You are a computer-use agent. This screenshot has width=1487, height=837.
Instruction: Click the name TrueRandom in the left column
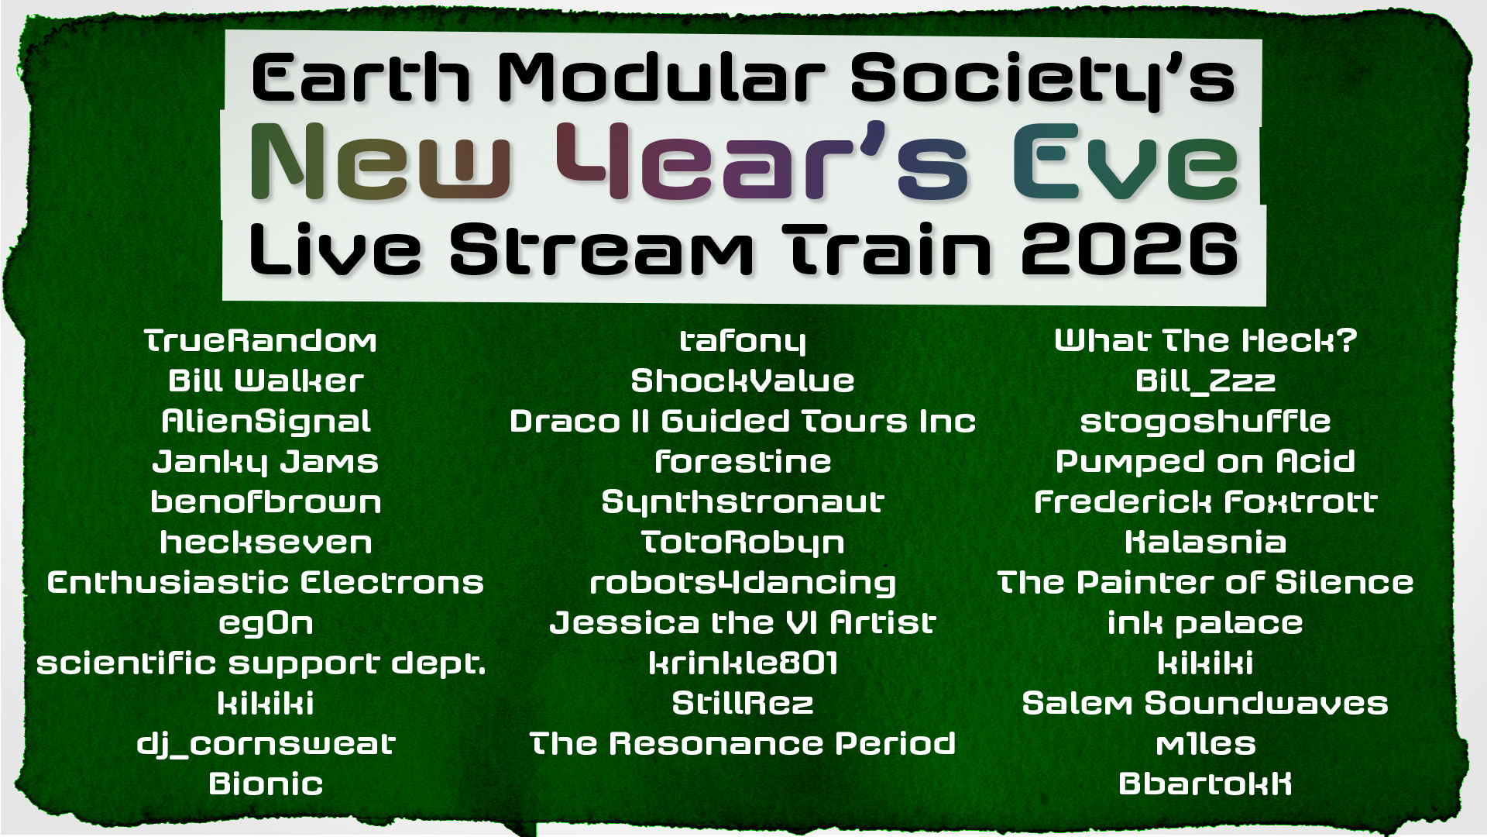point(261,341)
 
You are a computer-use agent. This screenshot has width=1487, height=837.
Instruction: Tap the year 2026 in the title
point(1130,250)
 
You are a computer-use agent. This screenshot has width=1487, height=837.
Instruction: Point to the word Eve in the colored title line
point(1125,163)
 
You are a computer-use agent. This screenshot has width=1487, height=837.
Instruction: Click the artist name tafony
point(743,341)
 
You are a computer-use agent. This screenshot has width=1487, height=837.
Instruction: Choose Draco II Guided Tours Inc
point(743,422)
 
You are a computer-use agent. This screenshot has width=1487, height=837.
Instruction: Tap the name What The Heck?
point(1205,341)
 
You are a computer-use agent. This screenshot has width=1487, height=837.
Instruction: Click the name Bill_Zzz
point(1205,381)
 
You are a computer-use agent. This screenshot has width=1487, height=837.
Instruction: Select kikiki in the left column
point(266,704)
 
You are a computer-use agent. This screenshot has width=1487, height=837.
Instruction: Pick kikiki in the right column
point(1205,663)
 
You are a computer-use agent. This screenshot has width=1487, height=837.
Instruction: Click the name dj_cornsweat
point(266,744)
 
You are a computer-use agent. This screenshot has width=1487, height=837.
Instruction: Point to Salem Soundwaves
point(1205,704)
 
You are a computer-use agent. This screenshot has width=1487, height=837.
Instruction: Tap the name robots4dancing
point(743,583)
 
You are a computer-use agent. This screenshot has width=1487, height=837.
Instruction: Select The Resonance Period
point(743,744)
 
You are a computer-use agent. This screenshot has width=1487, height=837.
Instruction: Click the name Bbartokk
point(1205,784)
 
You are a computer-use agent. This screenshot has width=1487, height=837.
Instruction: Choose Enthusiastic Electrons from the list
point(266,583)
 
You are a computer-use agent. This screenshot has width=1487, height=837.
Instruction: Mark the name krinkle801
point(743,663)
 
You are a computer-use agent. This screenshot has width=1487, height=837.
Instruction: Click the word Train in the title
point(887,250)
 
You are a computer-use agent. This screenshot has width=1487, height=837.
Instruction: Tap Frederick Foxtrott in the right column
point(1205,502)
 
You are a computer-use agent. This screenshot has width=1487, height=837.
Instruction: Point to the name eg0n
point(266,623)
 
